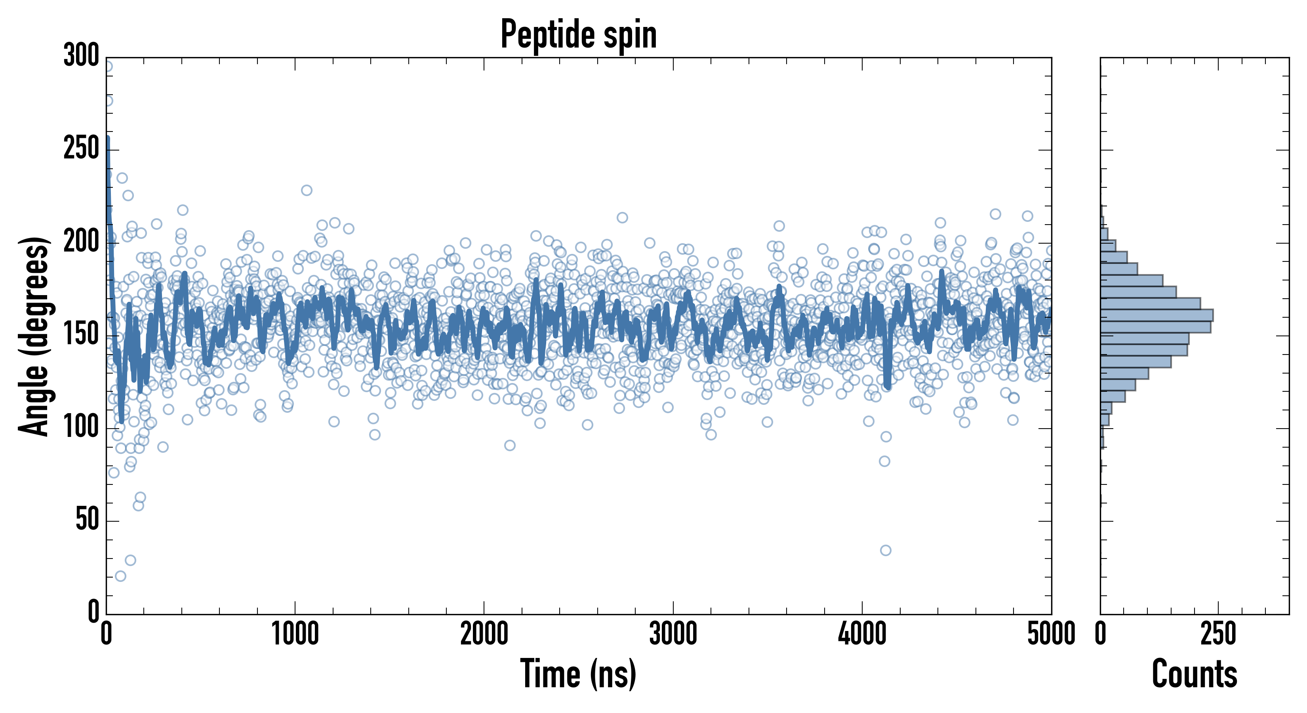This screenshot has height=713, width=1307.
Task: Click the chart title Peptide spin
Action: [578, 34]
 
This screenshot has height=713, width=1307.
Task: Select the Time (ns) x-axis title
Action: [578, 674]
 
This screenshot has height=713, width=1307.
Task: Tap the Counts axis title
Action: [1195, 674]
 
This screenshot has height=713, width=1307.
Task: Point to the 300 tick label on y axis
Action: [81, 56]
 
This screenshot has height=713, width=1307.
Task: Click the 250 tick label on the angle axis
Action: [81, 149]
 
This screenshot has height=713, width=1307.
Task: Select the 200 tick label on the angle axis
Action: [81, 242]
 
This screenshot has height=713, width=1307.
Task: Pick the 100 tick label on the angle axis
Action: [81, 428]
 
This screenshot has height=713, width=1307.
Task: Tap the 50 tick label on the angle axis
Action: [87, 520]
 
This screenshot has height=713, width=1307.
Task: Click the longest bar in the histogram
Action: [1157, 315]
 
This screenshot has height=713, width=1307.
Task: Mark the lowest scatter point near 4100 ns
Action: [885, 550]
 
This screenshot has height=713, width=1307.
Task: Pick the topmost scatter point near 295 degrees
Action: [108, 66]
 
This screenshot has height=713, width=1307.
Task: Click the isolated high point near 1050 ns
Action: [307, 190]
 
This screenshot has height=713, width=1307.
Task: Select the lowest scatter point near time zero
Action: [120, 576]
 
